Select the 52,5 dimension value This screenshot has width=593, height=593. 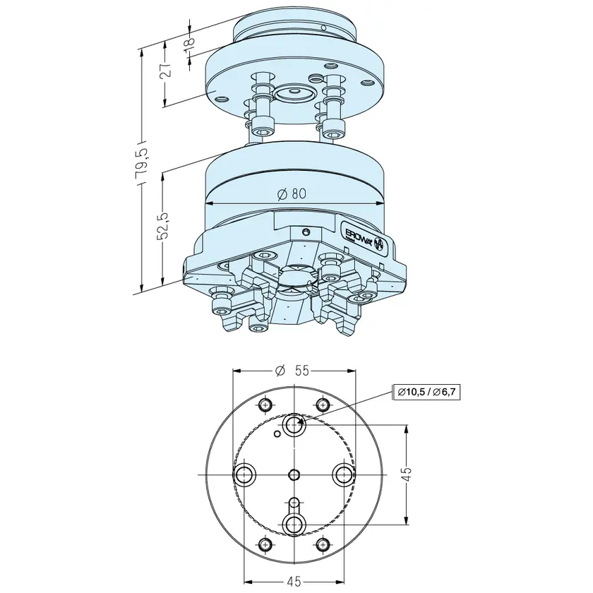point(164,226)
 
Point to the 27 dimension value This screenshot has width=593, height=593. point(165,71)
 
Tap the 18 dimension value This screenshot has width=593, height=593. point(190,40)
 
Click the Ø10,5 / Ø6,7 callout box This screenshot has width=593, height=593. point(426,393)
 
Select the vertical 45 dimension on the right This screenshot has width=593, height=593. point(406,474)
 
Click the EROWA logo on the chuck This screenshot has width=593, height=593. point(363,236)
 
